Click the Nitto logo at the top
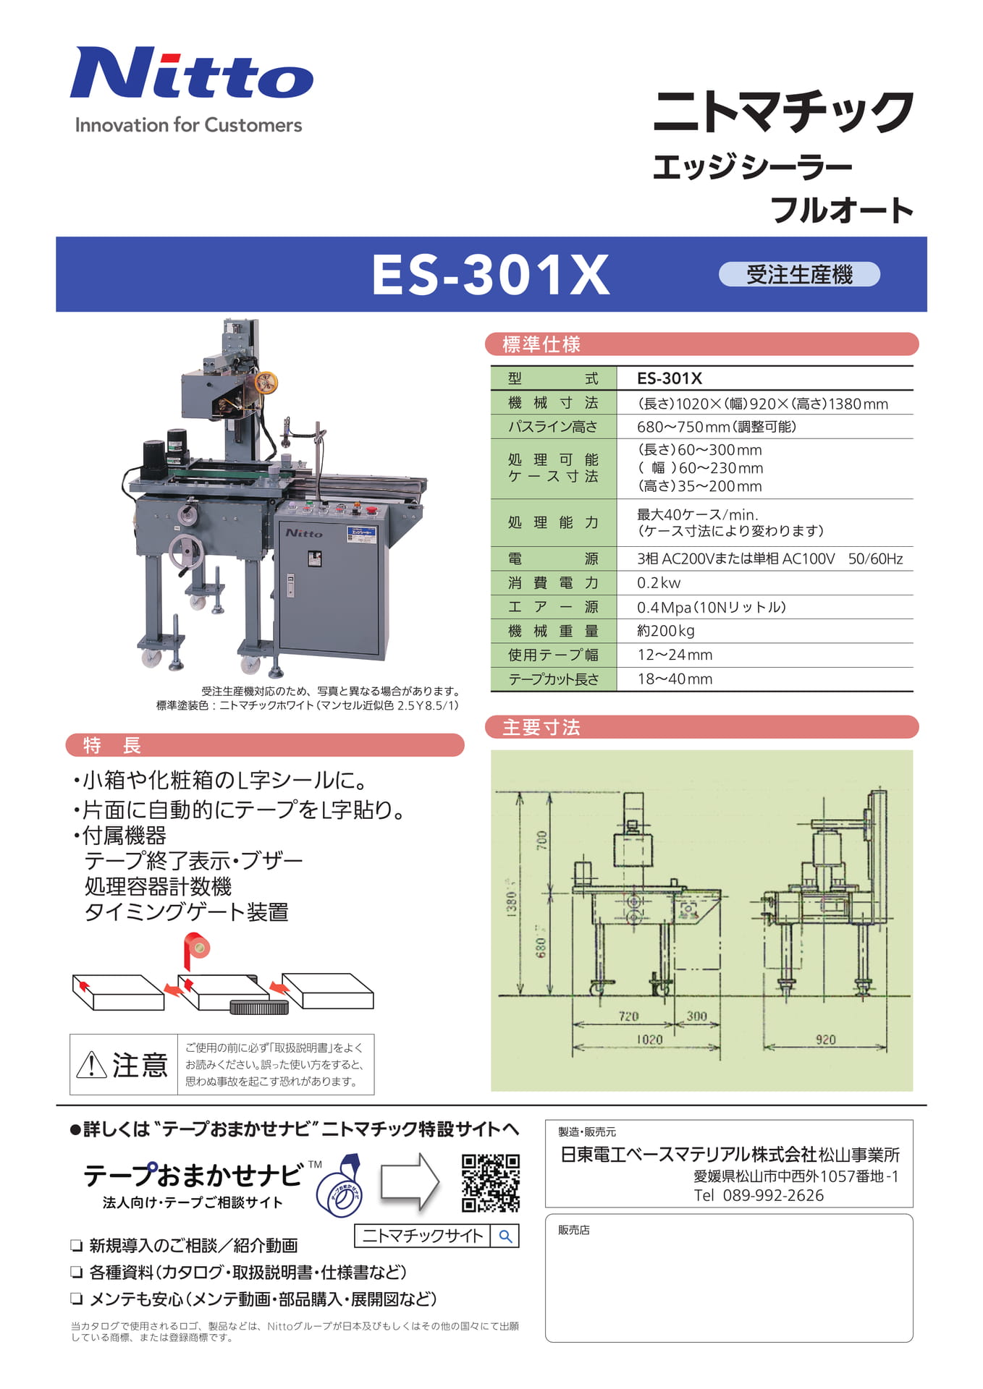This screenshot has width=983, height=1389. (192, 72)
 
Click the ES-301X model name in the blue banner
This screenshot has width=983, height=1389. (491, 275)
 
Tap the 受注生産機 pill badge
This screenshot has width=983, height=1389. (799, 275)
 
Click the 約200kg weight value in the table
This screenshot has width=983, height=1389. (666, 631)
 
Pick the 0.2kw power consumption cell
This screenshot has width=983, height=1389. (659, 583)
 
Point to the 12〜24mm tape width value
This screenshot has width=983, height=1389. (675, 655)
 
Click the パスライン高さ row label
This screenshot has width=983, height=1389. (553, 427)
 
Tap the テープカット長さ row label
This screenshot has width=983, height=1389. (553, 679)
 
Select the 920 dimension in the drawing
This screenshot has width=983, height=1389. (825, 1040)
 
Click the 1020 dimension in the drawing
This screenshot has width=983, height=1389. (649, 1040)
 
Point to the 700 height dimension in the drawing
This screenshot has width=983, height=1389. (541, 841)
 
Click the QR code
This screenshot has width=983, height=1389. (491, 1183)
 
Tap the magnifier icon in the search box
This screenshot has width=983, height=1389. (505, 1236)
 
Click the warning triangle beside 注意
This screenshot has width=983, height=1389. (92, 1064)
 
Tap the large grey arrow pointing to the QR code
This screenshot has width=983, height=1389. (410, 1182)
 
